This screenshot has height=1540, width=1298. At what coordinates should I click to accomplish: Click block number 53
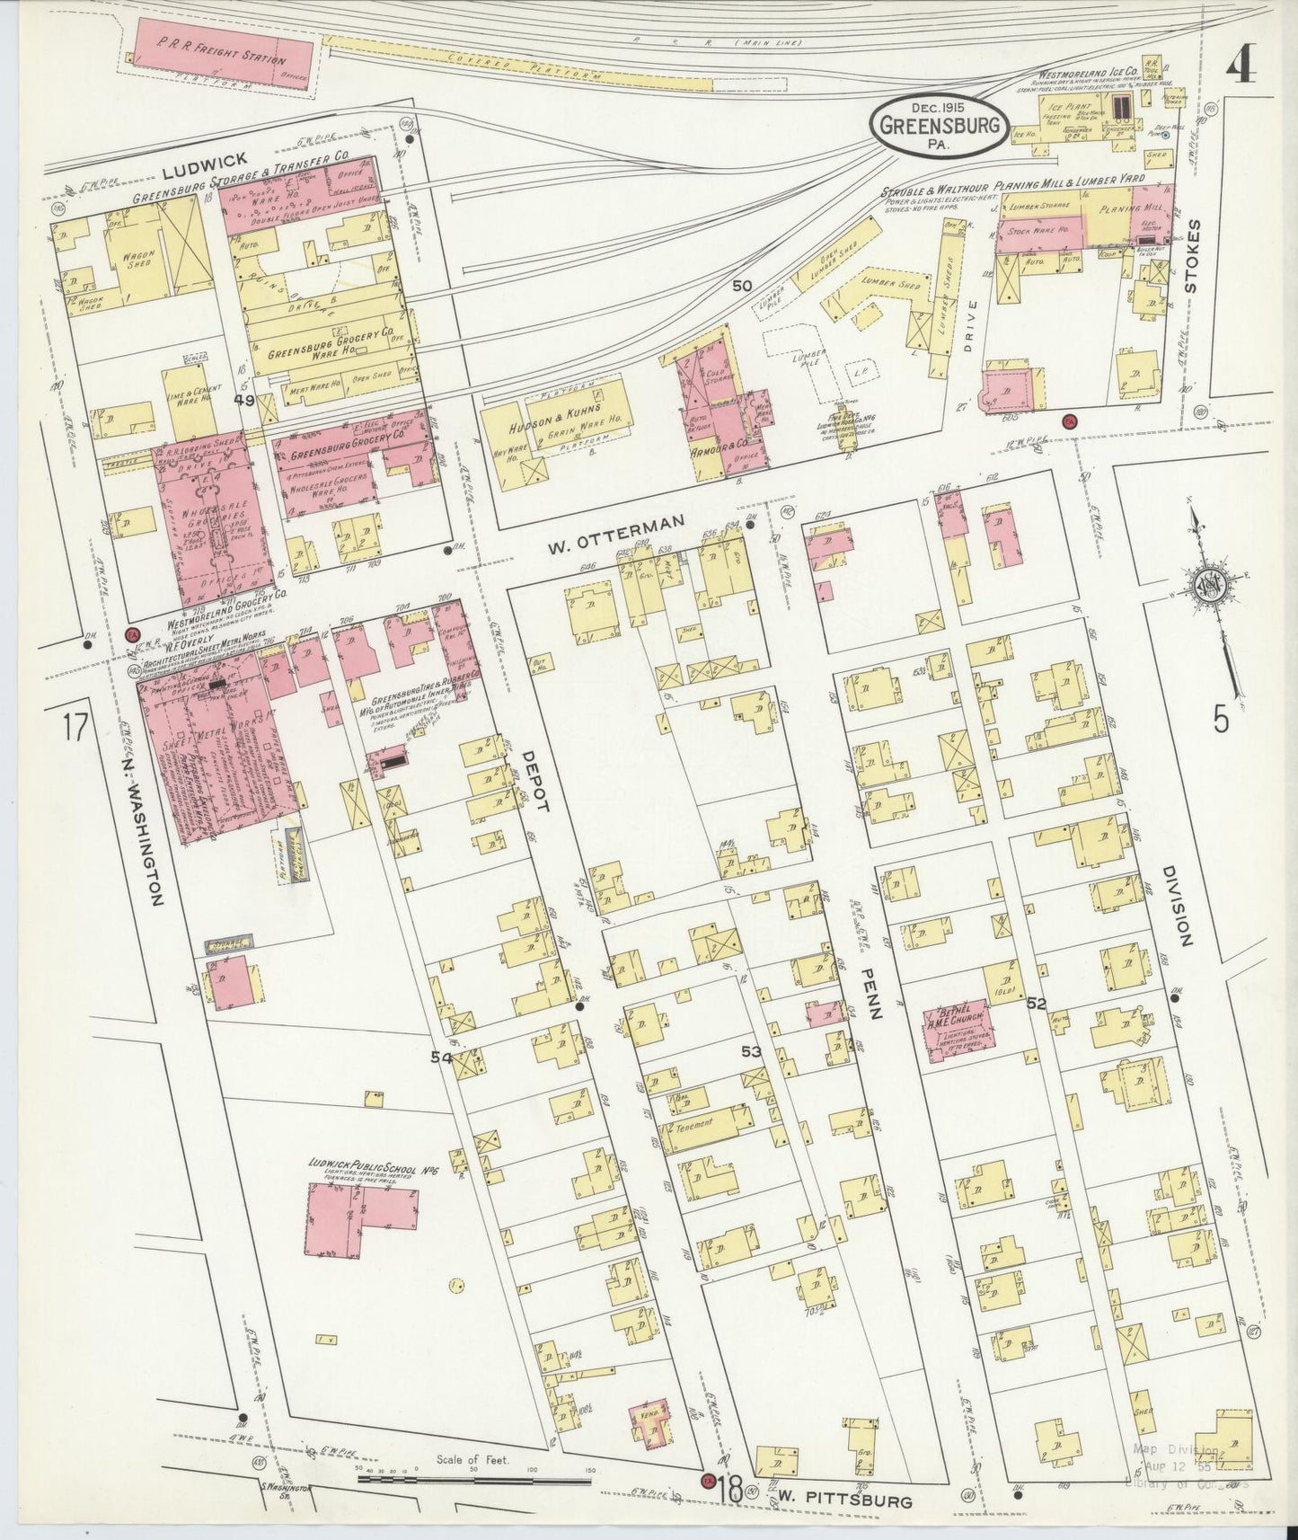click(751, 1050)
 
